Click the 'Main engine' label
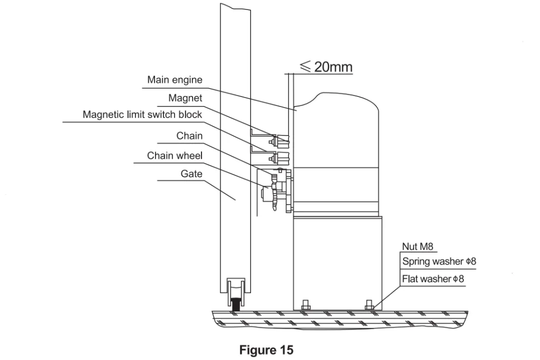[175, 80]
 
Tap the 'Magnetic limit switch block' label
[142, 115]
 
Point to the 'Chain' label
[189, 136]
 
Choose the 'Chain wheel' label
[175, 155]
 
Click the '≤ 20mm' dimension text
[326, 66]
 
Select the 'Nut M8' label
[418, 246]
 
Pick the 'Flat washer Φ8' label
[433, 279]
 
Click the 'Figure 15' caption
[266, 350]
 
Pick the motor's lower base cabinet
[336, 261]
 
